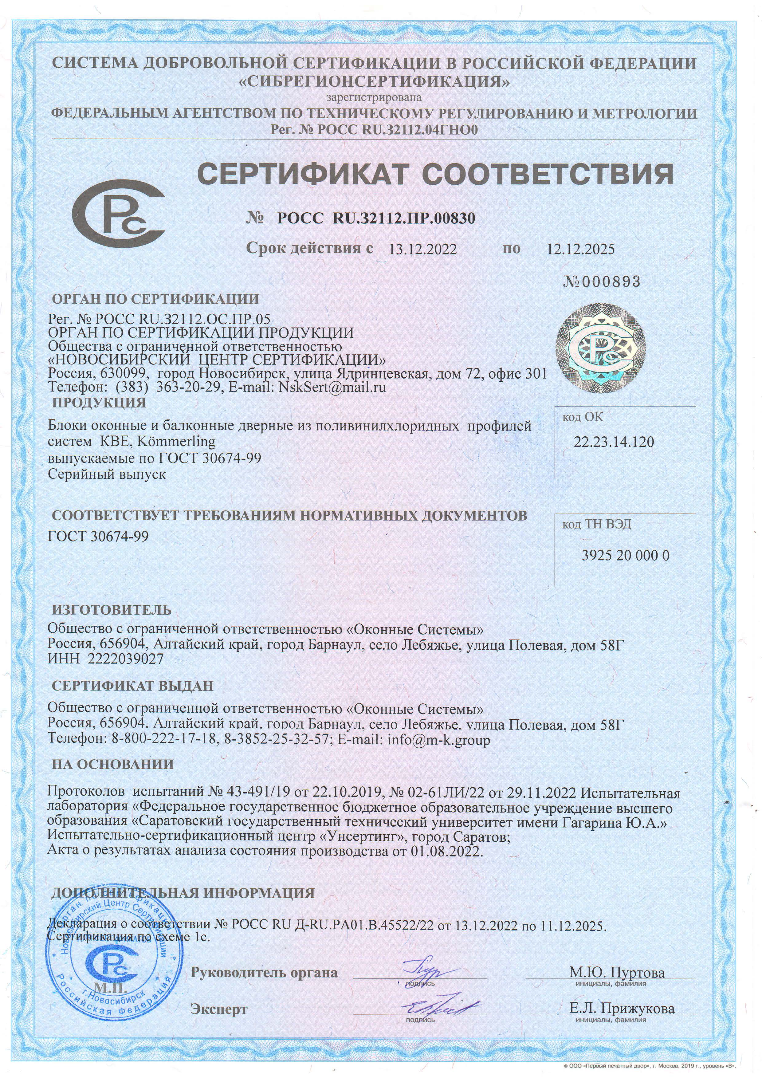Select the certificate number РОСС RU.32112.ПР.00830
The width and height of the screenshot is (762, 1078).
tap(375, 218)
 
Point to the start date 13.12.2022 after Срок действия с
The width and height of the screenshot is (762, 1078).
tap(422, 249)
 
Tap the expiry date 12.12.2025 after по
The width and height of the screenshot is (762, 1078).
tap(580, 249)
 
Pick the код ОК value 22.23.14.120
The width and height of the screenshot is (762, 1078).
tap(614, 442)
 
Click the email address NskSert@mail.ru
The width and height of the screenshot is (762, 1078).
tap(332, 387)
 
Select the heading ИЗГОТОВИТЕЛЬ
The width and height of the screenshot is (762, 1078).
tap(112, 610)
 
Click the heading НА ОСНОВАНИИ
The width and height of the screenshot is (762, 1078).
tap(113, 764)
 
